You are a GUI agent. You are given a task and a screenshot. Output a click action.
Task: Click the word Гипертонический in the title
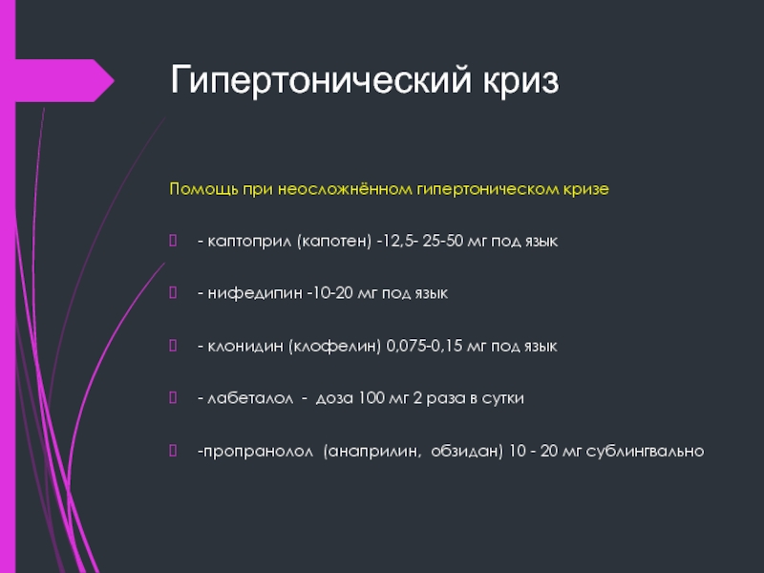point(321,80)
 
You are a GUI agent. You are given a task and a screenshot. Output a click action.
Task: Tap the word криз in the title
point(520,80)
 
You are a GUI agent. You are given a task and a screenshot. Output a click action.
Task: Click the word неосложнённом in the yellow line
point(345,188)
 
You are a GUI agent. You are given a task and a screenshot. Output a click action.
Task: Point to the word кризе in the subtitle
point(586,189)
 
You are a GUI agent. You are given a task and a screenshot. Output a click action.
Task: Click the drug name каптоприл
point(250,242)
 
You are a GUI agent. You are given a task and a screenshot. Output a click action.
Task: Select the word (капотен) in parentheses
point(334,241)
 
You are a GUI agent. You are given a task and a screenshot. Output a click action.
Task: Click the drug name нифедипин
point(255,293)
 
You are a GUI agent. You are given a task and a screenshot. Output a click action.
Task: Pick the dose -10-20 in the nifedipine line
point(329,293)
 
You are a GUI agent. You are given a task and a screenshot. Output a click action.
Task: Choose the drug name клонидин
point(245,346)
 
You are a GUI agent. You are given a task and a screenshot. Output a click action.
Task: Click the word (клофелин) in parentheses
point(334,346)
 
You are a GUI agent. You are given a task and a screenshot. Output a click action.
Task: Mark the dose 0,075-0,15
point(424,346)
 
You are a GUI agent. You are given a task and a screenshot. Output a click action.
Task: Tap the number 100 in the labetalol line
point(371,397)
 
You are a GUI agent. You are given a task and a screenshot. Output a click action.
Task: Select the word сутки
point(503,398)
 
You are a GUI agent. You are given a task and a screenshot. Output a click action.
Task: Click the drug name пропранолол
point(258,452)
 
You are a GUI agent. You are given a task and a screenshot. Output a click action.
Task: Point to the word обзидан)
point(467,451)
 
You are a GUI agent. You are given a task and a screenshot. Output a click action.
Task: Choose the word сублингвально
point(646,451)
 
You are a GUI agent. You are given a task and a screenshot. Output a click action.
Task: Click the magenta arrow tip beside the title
point(114,81)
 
